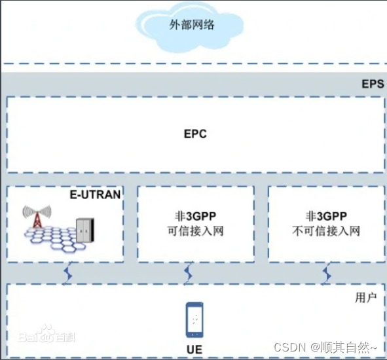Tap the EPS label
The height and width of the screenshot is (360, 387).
(x=372, y=85)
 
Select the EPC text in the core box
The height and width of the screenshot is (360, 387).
(x=194, y=134)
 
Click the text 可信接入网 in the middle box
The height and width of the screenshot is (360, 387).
(x=194, y=231)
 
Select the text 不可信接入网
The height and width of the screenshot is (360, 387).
(x=325, y=231)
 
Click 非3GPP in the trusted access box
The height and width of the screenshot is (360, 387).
(x=194, y=216)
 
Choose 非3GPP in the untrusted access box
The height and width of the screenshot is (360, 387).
(x=325, y=216)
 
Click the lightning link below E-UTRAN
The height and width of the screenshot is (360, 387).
(x=67, y=271)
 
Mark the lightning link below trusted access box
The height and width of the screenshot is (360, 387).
(x=189, y=271)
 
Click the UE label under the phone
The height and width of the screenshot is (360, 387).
(x=194, y=350)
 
